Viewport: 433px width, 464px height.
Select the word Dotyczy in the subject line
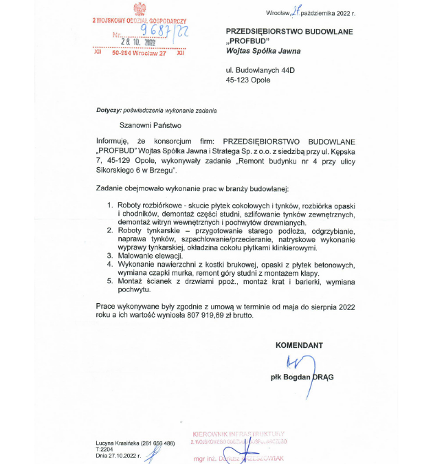[108, 110]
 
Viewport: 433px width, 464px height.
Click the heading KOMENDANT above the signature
[298, 345]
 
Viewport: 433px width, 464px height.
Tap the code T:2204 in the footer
[104, 449]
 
